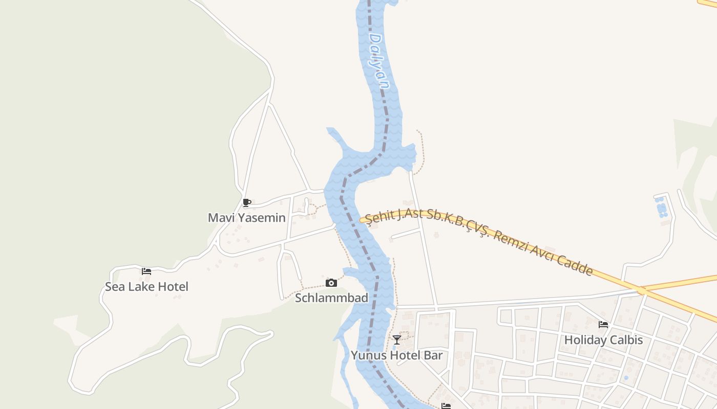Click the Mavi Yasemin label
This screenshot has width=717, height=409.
pos(246,218)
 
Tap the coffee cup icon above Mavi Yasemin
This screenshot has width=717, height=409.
pos(246,202)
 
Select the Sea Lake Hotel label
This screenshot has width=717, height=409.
pos(146,287)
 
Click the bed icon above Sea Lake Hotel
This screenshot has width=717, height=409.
pos(146,271)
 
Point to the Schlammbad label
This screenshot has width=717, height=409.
pos(331,298)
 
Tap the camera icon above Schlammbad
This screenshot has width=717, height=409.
pos(331,283)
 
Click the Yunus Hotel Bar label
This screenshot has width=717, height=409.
pos(396,355)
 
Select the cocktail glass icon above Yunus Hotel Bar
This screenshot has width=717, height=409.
pos(396,340)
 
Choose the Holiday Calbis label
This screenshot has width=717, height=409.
pos(603,340)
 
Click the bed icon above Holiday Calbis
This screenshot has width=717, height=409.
pos(603,324)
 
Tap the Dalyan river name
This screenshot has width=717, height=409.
pos(379,61)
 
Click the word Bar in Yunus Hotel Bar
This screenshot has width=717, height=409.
pos(433,355)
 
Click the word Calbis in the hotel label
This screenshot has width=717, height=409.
pos(625,340)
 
